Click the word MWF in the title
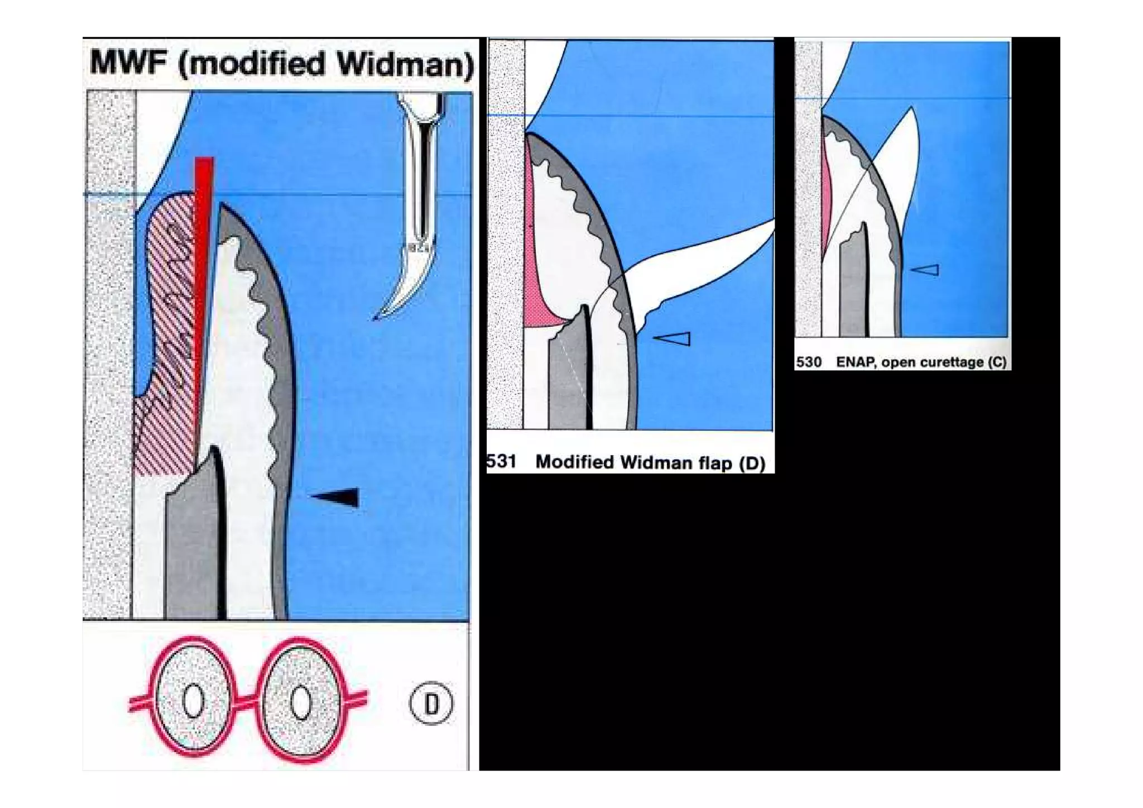[x=128, y=63]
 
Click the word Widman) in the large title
[x=405, y=64]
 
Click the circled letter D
[x=431, y=703]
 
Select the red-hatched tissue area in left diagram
[x=167, y=335]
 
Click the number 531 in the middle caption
[x=501, y=462]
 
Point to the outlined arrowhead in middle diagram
[x=674, y=338]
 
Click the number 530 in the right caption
[x=809, y=362]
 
